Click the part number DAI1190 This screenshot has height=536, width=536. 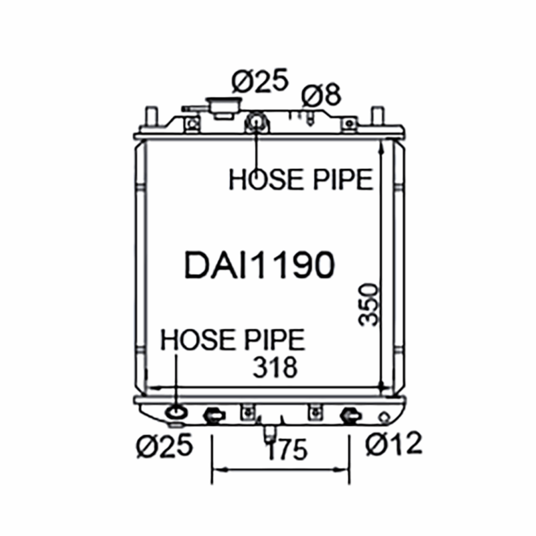point(259,265)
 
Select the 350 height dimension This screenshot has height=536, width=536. point(368,304)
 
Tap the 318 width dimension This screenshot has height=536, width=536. point(275,367)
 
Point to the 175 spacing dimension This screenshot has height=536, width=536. point(287,450)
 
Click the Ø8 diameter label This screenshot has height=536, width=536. point(322,94)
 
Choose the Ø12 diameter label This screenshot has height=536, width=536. point(394,444)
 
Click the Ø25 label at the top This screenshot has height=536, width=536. point(260,80)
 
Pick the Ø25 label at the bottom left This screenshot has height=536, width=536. point(165,446)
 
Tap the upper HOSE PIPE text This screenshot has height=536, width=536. point(301,179)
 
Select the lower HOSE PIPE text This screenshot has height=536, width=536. point(232,340)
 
